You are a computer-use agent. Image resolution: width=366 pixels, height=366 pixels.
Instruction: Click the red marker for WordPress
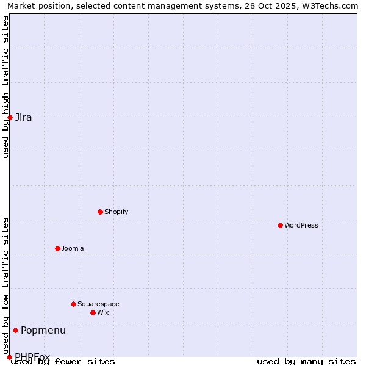coord(280,225)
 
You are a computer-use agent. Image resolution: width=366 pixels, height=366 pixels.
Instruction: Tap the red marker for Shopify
coord(100,212)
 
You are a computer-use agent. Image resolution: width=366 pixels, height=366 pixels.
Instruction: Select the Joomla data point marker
coord(57,248)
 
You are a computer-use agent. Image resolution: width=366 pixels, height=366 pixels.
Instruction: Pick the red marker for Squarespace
coord(73,304)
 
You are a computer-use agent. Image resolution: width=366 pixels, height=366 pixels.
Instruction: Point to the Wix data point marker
coord(93,312)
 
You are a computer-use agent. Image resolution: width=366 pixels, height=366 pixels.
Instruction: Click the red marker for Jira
coord(10,117)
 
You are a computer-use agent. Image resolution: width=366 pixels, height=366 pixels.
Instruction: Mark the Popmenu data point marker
coord(15,330)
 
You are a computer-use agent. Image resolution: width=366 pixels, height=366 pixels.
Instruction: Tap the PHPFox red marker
coord(9,357)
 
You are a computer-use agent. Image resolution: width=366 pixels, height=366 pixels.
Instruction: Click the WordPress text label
coord(301,225)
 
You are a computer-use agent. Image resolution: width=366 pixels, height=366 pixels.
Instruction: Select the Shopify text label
coord(116,212)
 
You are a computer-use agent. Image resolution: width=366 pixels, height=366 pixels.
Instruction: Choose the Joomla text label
coord(73,248)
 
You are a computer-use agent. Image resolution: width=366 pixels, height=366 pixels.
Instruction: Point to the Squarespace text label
coord(98,304)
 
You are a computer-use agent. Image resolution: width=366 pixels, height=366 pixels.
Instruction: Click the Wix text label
coord(102,312)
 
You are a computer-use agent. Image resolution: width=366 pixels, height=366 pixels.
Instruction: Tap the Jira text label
coord(24,117)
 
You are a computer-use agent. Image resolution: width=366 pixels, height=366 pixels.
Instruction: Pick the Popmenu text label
coord(43,330)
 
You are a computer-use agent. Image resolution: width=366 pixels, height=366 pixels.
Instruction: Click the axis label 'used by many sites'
coord(306,361)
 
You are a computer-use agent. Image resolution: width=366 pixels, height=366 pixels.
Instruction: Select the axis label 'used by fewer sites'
coord(63,361)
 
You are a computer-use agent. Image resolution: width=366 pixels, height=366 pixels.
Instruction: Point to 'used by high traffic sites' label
coord(5,87)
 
